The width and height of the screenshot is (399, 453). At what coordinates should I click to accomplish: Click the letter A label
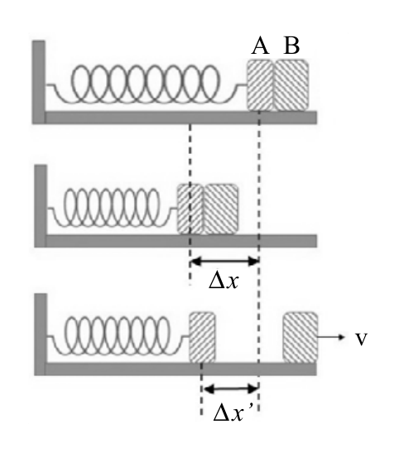coord(261,46)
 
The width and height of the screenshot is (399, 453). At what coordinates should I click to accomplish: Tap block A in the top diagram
coord(260,85)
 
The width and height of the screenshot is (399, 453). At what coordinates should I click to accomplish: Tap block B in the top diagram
coord(291,85)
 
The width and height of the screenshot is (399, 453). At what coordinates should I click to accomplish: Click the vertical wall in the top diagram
coord(38,82)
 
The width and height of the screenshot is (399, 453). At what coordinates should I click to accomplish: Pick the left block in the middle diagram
coord(190,210)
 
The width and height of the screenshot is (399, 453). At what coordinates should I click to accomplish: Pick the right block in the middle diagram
coord(221,210)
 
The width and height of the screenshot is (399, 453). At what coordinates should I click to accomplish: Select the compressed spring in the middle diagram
coord(112,207)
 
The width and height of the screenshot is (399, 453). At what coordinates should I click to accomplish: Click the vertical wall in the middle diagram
coord(41,205)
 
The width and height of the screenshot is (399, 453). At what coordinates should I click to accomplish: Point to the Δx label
coord(224,281)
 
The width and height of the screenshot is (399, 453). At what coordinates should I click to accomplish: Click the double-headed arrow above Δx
coord(224,262)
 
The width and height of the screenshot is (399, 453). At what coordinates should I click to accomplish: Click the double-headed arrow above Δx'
coord(230,389)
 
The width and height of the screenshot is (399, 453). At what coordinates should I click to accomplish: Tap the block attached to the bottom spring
coord(202,337)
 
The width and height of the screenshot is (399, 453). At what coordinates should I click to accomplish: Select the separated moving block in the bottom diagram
coord(300,337)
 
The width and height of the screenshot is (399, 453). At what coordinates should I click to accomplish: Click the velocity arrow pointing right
coord(331,337)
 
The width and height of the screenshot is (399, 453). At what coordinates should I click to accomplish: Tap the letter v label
coord(361,340)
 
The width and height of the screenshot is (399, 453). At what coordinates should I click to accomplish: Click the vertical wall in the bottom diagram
coord(41,335)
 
